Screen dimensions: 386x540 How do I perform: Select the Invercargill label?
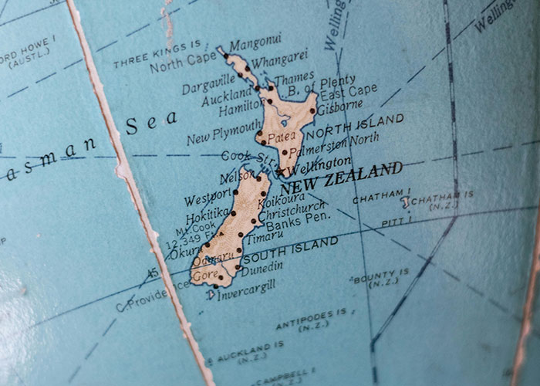pyautogui.click(x=247, y=293)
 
